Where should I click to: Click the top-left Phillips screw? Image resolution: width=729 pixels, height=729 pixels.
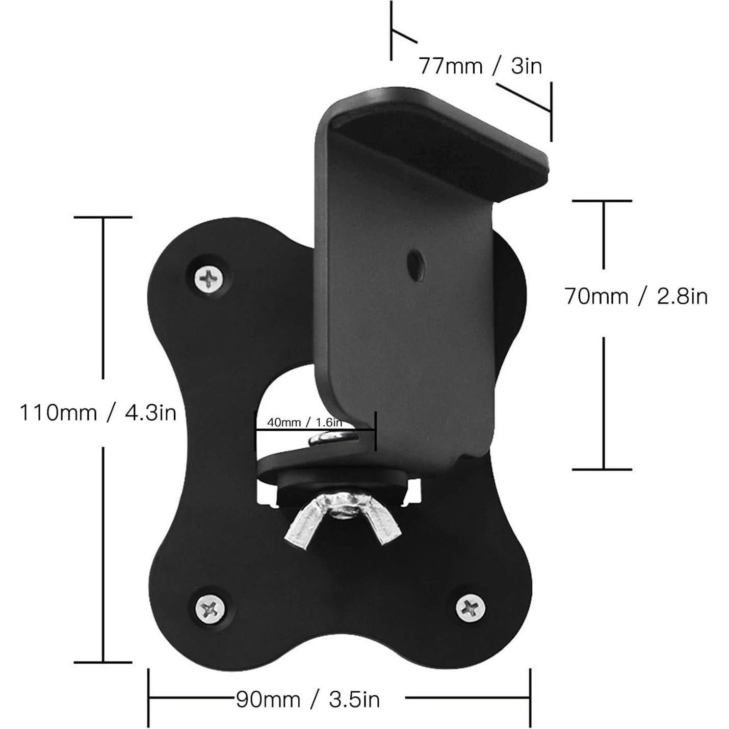(210, 278)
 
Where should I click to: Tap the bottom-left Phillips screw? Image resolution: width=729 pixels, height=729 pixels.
(210, 608)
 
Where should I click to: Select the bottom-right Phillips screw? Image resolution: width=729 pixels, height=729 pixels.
(470, 608)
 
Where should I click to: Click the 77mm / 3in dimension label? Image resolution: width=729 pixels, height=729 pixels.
(480, 66)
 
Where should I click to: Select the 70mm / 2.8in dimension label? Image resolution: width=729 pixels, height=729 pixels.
(636, 296)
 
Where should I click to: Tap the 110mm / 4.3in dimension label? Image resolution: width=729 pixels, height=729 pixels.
(98, 412)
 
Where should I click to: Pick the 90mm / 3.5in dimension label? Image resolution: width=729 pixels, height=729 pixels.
(308, 699)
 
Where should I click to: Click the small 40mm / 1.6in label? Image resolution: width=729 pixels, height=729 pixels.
(304, 423)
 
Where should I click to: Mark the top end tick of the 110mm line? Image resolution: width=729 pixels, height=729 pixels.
(103, 218)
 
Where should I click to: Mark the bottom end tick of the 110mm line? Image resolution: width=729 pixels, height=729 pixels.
(103, 662)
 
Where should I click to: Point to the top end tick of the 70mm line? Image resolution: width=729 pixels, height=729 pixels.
(603, 201)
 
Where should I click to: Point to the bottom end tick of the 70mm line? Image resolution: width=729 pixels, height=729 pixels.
(603, 469)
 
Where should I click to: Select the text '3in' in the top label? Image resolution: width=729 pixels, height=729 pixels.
(526, 66)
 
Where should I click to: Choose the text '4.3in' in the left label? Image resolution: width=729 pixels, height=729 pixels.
(151, 412)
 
